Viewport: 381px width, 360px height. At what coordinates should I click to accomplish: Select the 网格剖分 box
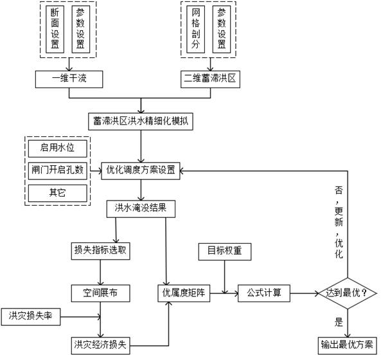pyautogui.click(x=196, y=30)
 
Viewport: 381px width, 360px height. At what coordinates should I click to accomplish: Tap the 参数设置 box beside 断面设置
pyautogui.click(x=80, y=30)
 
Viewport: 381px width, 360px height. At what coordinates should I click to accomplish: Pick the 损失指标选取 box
pyautogui.click(x=101, y=249)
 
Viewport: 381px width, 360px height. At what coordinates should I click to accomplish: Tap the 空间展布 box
pyautogui.click(x=101, y=293)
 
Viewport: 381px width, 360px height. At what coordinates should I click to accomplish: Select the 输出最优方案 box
pyautogui.click(x=348, y=343)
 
